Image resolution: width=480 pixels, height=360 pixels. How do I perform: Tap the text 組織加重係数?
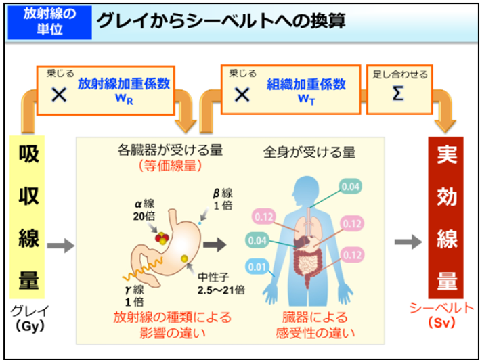coord(305,85)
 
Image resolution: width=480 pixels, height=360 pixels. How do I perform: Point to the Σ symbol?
coord(398,94)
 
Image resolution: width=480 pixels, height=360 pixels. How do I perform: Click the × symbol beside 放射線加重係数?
coord(59,95)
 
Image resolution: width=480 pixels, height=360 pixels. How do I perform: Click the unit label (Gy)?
coord(28,325)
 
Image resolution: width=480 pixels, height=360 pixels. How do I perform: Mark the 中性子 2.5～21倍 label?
coord(221,284)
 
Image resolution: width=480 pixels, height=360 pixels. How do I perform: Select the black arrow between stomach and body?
coord(216,241)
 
